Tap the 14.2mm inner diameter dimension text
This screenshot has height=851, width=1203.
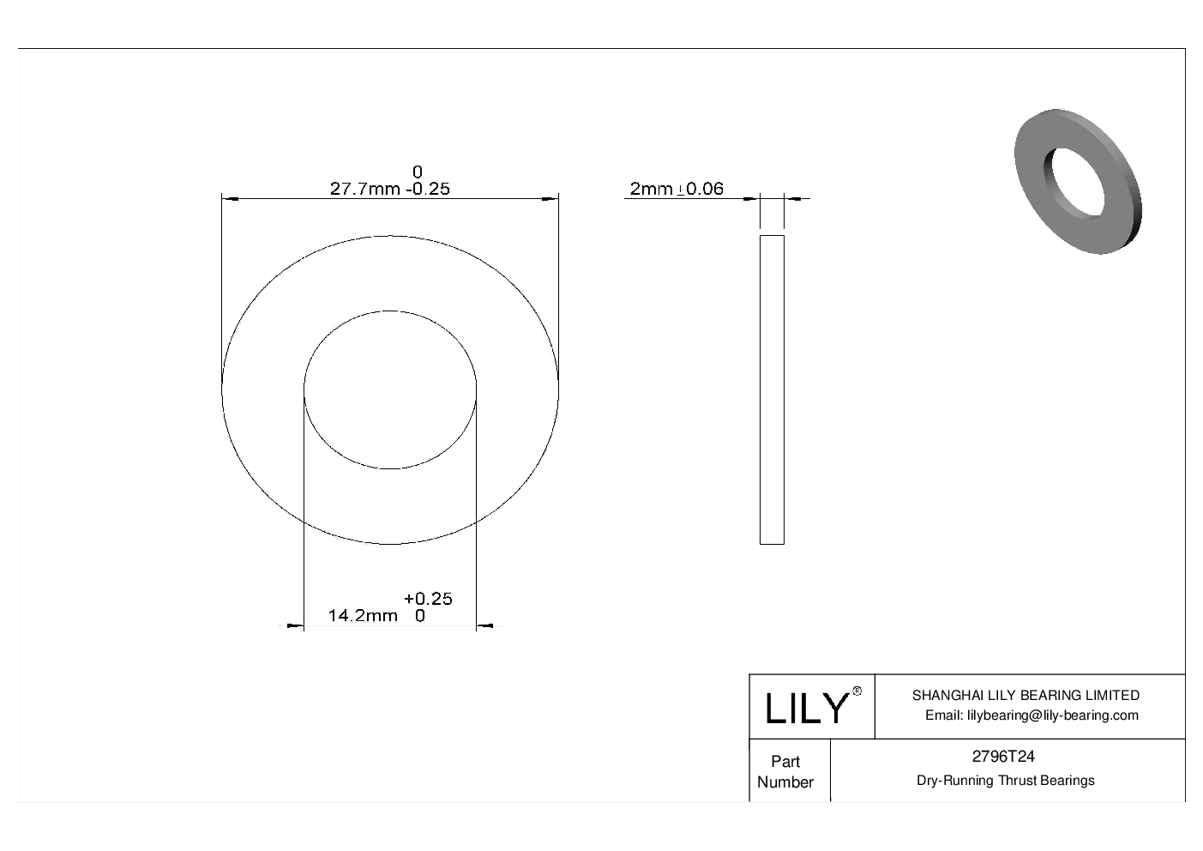(363, 615)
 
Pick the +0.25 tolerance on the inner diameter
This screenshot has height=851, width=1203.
(428, 599)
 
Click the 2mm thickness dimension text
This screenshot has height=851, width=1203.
(651, 189)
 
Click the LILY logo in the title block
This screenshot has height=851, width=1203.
(806, 708)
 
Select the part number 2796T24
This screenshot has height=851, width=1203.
(1002, 757)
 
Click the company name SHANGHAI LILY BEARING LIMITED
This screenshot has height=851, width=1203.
(1026, 696)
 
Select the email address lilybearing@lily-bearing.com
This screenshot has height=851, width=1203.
(1032, 715)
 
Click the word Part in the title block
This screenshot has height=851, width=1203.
(785, 762)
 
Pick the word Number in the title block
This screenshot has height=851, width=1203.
(785, 782)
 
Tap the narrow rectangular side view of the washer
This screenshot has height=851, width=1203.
(772, 389)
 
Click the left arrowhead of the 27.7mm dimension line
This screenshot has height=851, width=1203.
(229, 199)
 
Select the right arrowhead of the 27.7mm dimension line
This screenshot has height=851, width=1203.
(551, 199)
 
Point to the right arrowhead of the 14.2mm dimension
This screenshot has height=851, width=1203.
(484, 627)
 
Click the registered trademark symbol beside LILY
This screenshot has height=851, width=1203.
(857, 691)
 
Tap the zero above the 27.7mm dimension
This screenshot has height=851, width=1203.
(418, 172)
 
